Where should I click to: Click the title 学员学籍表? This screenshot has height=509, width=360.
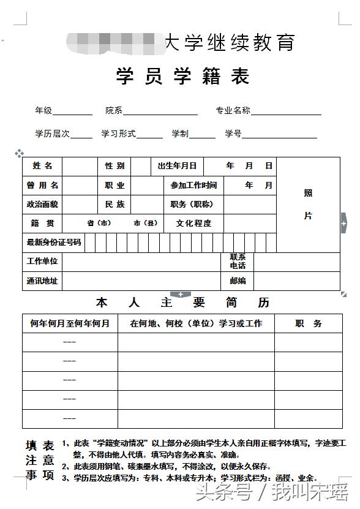[183, 77]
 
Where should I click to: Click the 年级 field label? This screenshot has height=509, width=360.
[43, 111]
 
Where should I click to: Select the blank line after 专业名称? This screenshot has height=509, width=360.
[286, 111]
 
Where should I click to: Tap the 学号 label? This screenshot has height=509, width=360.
[233, 134]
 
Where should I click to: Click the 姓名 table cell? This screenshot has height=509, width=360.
[42, 166]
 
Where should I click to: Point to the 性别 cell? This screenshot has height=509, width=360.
[114, 166]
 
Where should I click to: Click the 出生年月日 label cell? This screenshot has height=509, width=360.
[177, 166]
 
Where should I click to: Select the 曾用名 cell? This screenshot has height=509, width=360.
[42, 185]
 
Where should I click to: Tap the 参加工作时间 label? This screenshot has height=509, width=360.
[193, 185]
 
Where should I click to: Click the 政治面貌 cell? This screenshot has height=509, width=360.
[42, 204]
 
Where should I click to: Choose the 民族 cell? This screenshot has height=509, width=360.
[114, 204]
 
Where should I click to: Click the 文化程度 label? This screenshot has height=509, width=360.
[193, 223]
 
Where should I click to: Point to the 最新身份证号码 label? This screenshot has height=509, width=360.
[53, 243]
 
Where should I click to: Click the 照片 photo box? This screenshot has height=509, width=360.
[308, 205]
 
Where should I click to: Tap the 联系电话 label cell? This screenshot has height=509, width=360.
[238, 262]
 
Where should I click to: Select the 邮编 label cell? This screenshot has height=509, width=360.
[238, 281]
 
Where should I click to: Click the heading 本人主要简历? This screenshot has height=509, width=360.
[182, 303]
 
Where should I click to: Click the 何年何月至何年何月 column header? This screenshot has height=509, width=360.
[70, 323]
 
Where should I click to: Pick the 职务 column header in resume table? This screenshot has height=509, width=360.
[308, 323]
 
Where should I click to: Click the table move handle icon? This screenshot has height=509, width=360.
[19, 153]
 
